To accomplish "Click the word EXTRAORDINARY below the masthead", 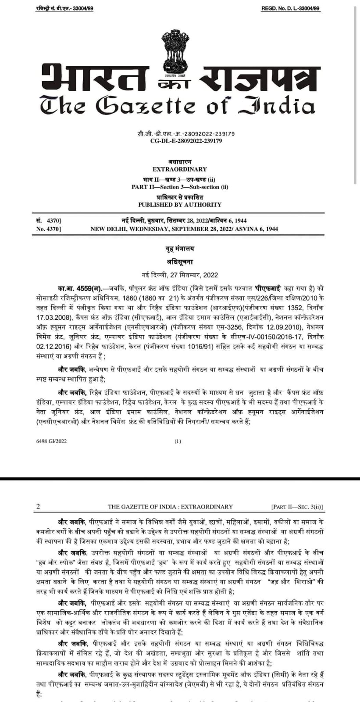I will click(180, 169).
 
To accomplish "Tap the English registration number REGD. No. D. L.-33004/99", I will click(291, 9).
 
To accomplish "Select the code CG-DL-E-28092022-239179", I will click(180, 141).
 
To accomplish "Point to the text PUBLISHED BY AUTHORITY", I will click(180, 204).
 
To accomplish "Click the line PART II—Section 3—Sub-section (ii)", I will click(180, 187).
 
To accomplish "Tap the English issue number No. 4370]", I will click(49, 229).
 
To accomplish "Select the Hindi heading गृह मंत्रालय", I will click(180, 249).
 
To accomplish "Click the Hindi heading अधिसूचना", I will click(180, 262).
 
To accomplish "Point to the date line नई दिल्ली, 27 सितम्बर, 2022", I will click(180, 275).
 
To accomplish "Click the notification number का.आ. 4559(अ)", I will click(77, 288).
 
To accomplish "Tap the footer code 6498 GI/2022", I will click(52, 441).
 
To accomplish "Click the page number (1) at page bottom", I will click(178, 441).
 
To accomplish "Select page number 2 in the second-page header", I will click(38, 506).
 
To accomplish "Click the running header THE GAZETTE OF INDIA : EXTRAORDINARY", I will click(170, 506).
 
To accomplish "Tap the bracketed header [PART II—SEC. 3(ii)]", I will click(297, 507).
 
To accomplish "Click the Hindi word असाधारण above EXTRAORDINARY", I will click(180, 162).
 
